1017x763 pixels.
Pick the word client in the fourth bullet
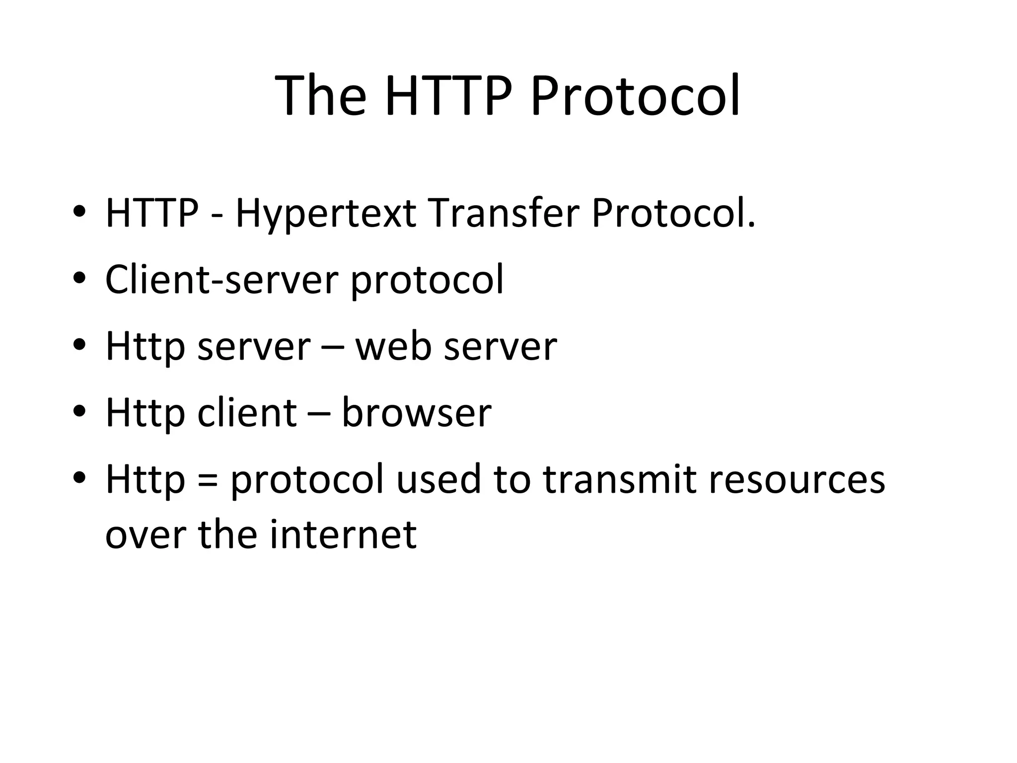247,412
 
